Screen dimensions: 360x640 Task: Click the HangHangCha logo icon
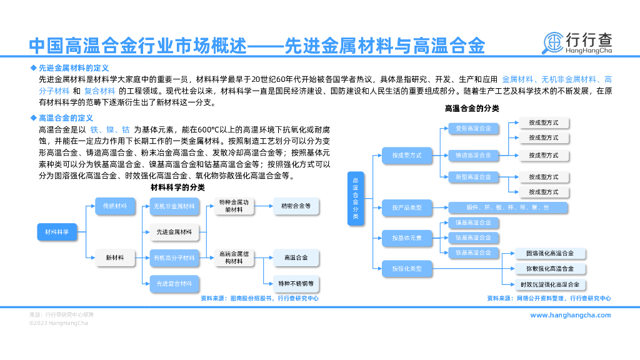(x=552, y=42)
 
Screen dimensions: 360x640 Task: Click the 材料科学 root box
(x=56, y=232)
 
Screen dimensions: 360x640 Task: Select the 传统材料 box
(x=115, y=206)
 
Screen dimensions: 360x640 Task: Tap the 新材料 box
(x=115, y=257)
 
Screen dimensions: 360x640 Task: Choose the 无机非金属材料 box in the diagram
(x=174, y=206)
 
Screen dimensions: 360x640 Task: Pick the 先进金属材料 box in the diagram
(x=174, y=232)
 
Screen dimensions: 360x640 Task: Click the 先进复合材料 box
(x=174, y=284)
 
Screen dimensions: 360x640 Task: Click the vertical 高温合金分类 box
(x=356, y=199)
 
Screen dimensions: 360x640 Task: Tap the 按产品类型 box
(x=407, y=207)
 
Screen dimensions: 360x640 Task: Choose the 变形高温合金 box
(x=473, y=129)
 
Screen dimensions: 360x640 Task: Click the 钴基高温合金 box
(x=473, y=237)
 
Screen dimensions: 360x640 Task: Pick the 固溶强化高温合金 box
(x=550, y=253)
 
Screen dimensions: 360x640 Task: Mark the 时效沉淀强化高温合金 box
(x=550, y=284)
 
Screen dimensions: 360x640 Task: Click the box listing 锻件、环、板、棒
(x=508, y=207)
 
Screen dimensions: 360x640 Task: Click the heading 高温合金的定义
(x=66, y=117)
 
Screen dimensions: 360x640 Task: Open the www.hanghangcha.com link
(x=571, y=315)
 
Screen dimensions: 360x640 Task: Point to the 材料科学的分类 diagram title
(x=177, y=187)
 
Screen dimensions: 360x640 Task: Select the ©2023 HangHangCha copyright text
(x=59, y=323)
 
